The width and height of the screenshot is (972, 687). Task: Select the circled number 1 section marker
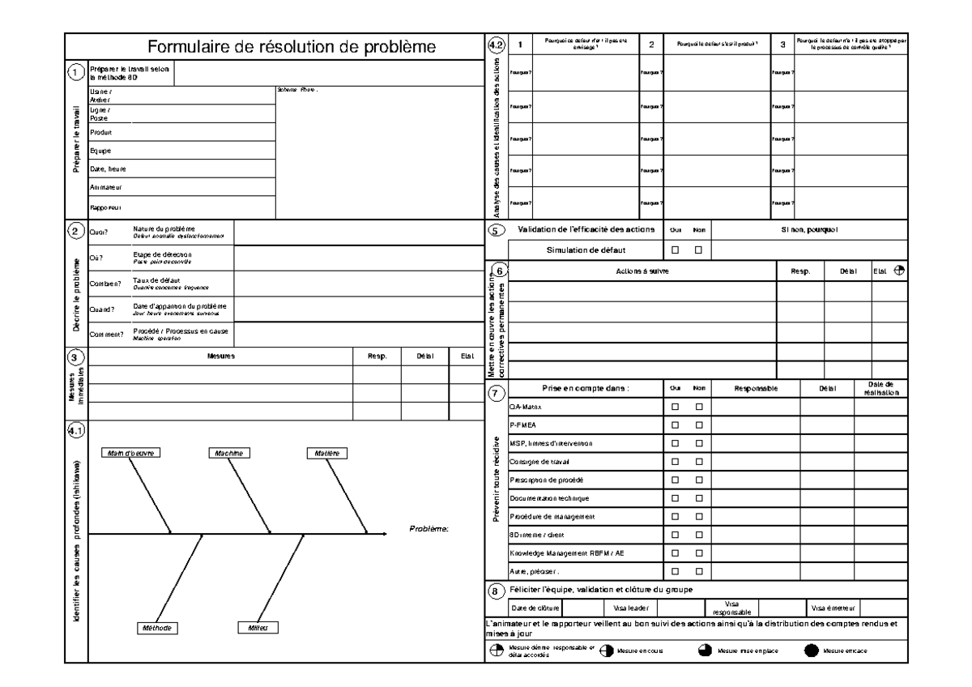pyautogui.click(x=75, y=73)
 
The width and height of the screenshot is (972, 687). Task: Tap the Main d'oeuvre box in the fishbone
pyautogui.click(x=130, y=453)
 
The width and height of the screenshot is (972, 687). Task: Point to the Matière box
pyautogui.click(x=326, y=453)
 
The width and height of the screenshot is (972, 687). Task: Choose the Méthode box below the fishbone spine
pyautogui.click(x=156, y=628)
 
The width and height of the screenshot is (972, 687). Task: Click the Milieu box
pyautogui.click(x=258, y=628)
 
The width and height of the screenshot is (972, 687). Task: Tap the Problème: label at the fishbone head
pyautogui.click(x=428, y=529)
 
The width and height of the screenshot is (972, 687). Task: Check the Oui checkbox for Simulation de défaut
pyautogui.click(x=675, y=250)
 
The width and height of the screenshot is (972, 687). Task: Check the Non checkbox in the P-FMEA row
pyautogui.click(x=697, y=424)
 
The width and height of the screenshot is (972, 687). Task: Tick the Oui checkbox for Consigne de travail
pyautogui.click(x=675, y=462)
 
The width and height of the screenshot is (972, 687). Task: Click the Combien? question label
pyautogui.click(x=105, y=284)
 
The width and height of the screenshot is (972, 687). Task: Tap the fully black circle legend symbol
pyautogui.click(x=811, y=651)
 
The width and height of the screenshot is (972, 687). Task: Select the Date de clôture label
pyautogui.click(x=534, y=607)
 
